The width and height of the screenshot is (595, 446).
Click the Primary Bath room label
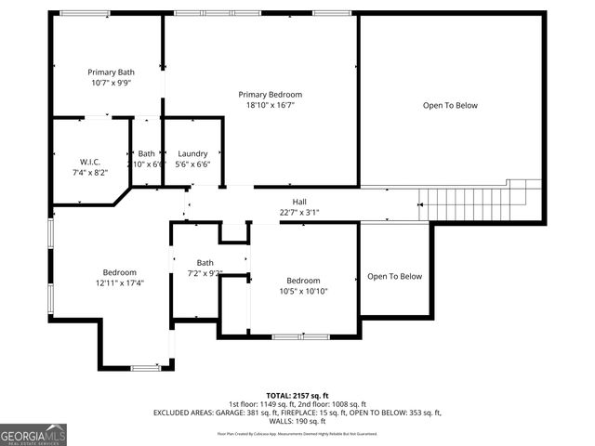click(x=112, y=72)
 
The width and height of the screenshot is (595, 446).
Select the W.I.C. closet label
click(x=90, y=162)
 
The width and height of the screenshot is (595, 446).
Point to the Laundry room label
click(x=192, y=153)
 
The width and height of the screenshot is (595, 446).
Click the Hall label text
click(x=299, y=202)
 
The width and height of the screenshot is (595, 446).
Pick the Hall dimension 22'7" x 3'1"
click(x=299, y=212)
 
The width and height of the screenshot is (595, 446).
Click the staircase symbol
click(x=479, y=200)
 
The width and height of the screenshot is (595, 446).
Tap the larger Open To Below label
click(x=450, y=105)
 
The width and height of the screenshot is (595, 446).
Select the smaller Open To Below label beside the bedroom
click(x=394, y=276)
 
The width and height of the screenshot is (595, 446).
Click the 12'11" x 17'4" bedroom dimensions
click(x=120, y=282)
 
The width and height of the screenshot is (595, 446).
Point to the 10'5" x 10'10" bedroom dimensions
click(x=303, y=291)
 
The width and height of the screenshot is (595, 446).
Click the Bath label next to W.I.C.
click(x=147, y=153)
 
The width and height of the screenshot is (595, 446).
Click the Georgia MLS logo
click(x=33, y=434)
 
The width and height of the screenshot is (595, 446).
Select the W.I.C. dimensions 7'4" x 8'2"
click(x=90, y=172)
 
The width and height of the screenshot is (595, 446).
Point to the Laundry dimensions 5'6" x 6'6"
click(x=192, y=164)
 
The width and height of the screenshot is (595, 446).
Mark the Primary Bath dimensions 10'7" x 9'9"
click(x=112, y=82)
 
